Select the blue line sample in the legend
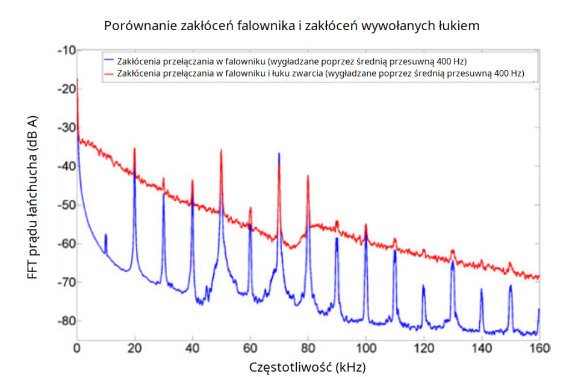click(x=110, y=61)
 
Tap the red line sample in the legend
click(x=110, y=73)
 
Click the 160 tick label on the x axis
click(x=539, y=347)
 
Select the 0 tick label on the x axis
click(x=77, y=347)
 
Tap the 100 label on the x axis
click(x=365, y=347)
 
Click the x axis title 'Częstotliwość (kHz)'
click(x=307, y=366)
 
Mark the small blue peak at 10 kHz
click(x=106, y=235)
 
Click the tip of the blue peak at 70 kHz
click(x=279, y=154)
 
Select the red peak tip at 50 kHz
click(x=222, y=150)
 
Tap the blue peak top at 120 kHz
click(x=423, y=286)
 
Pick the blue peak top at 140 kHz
click(x=481, y=290)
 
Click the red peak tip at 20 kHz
click(x=135, y=148)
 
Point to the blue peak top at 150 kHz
click(x=510, y=286)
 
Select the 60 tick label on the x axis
click(x=250, y=347)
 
